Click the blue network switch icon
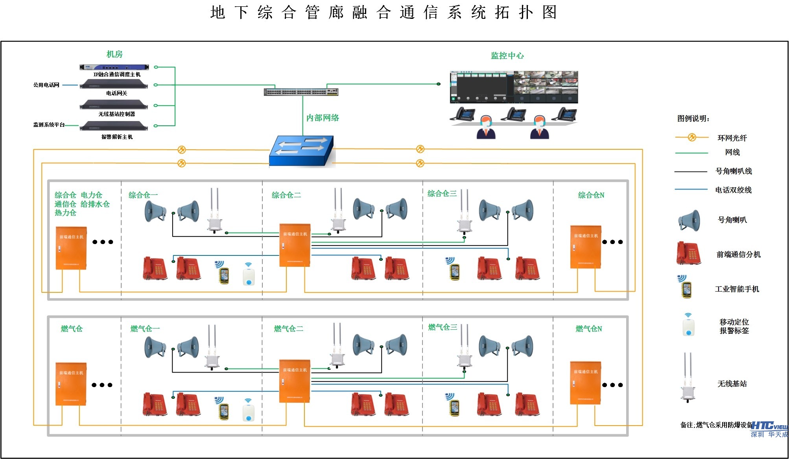coord(301,151)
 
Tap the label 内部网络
coord(323,118)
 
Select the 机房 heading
coord(114,54)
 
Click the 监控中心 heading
coord(507,56)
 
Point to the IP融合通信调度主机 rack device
coord(114,67)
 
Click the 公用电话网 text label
coord(46,85)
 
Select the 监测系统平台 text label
coord(49,125)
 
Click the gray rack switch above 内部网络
coord(301,92)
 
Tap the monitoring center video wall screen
coord(514,87)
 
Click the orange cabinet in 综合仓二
coord(295,245)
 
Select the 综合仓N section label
coord(591,195)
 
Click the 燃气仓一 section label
coord(145,329)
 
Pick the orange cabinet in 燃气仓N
coord(586,383)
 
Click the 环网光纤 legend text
coord(732,138)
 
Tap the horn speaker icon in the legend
coord(689,220)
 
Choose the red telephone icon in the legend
coord(688,253)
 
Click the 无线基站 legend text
coord(732,384)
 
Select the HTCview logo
coord(769,426)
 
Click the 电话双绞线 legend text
coord(733,190)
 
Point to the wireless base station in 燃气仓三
coord(465,348)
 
